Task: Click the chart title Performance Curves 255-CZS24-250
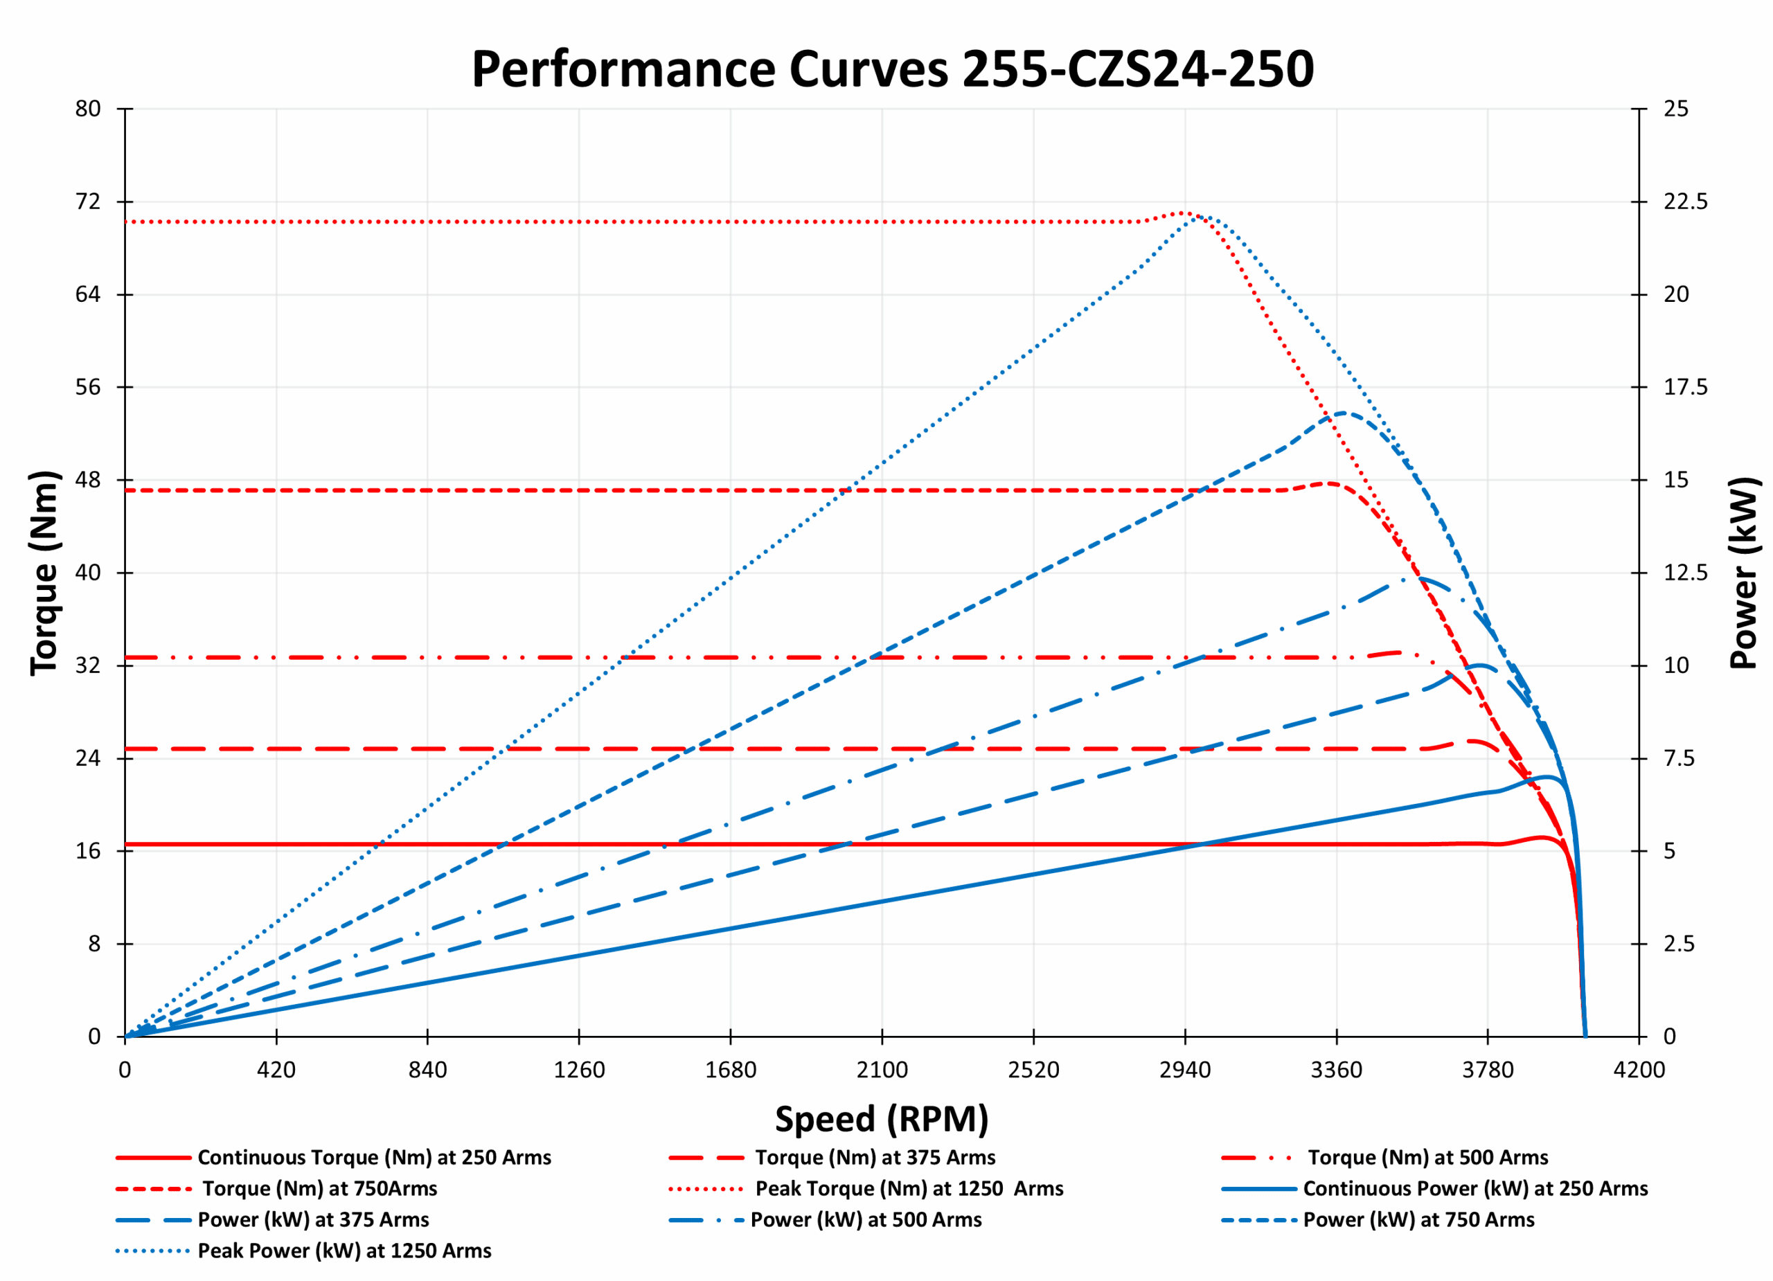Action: (892, 69)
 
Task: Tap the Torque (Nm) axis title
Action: (44, 573)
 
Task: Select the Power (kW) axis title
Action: (1743, 573)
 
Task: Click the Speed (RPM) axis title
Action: (881, 1119)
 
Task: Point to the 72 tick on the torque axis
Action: (87, 201)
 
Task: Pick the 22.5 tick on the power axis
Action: (1684, 201)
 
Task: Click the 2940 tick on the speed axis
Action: (1184, 1069)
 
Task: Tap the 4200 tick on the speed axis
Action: (1639, 1069)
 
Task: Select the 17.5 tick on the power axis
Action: (1684, 387)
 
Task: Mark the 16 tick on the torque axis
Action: (87, 851)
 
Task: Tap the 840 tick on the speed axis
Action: (427, 1069)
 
